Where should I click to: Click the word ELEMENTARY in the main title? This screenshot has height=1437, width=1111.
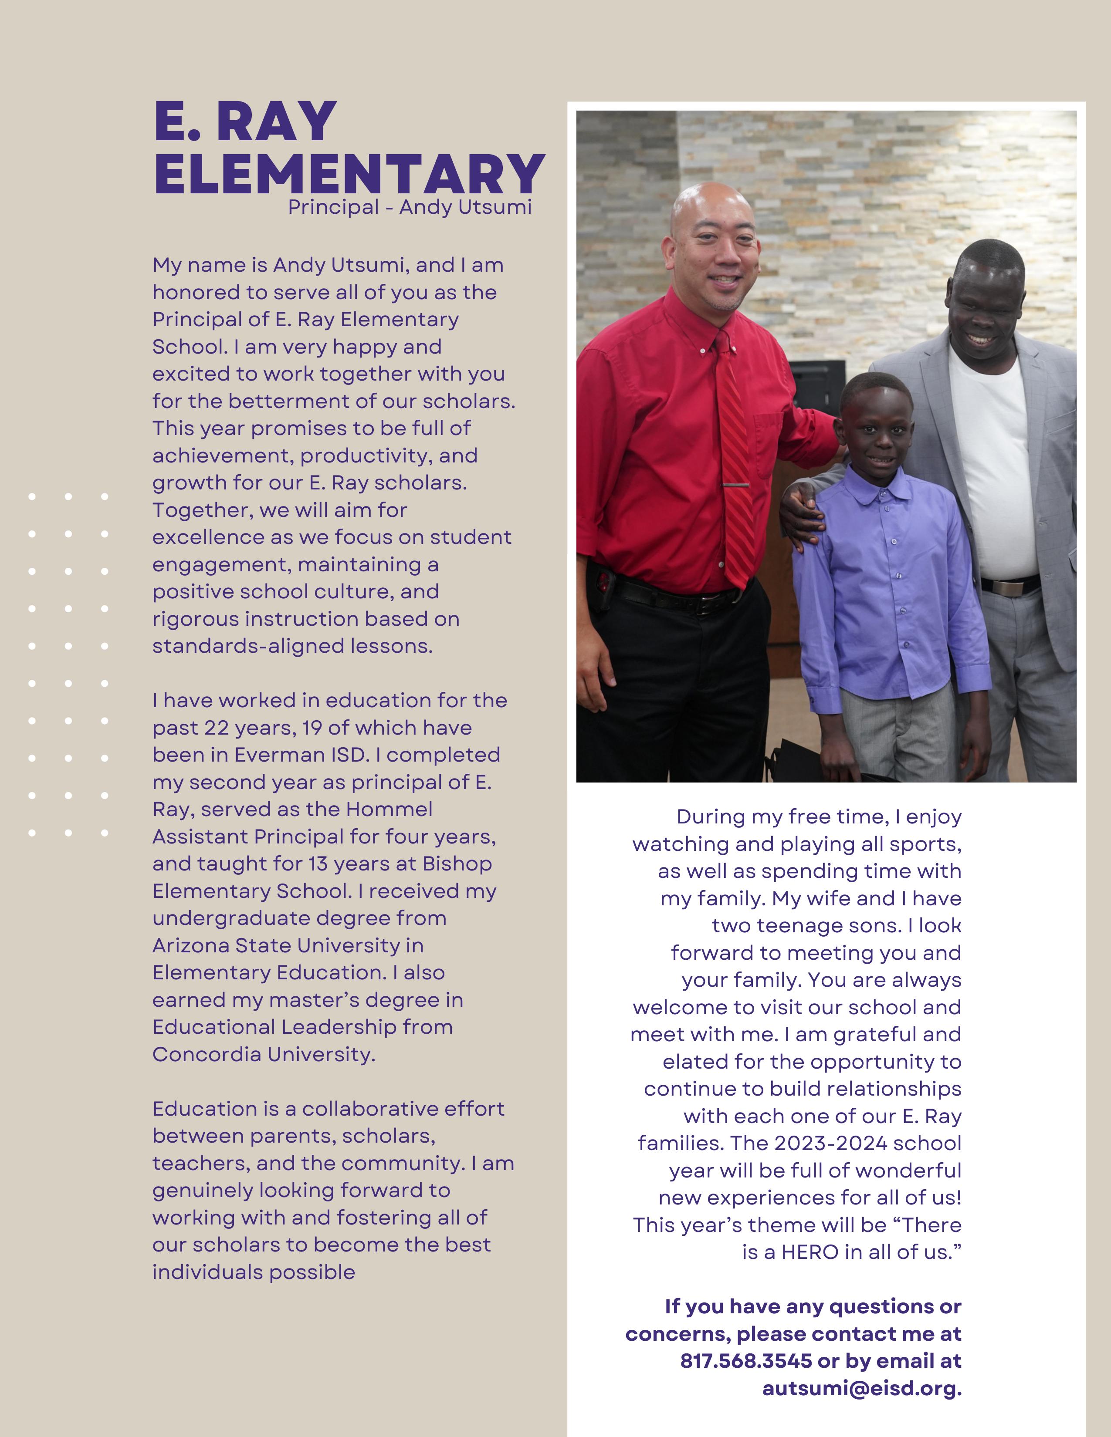[349, 174]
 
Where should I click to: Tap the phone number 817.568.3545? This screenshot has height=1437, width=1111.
[746, 1361]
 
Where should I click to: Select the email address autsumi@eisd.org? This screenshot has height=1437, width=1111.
[861, 1388]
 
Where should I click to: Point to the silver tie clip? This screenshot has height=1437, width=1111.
[736, 486]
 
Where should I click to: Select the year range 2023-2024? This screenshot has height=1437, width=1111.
[830, 1143]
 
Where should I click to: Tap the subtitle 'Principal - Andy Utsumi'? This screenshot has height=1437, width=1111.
[410, 207]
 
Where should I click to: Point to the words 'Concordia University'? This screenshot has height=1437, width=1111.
[263, 1054]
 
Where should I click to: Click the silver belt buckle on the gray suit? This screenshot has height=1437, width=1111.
[1011, 586]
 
